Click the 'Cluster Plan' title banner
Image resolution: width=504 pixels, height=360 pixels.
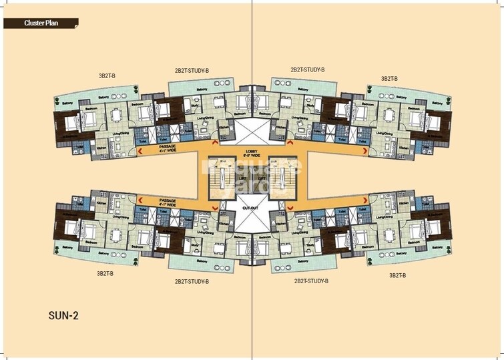coord(39,23)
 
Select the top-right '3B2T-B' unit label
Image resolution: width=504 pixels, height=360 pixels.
coord(389,78)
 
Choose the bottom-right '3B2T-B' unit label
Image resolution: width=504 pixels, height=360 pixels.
coord(398,275)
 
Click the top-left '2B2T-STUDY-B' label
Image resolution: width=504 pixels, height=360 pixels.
coord(192,70)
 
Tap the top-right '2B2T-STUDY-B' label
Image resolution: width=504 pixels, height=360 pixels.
coord(307,69)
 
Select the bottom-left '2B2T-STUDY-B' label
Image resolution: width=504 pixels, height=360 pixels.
coord(192,281)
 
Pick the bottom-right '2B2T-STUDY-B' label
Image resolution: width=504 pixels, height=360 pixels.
coord(311,281)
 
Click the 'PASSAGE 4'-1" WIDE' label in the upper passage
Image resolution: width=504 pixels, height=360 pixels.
coord(168,148)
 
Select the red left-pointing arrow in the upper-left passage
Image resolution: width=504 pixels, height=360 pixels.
coord(140,152)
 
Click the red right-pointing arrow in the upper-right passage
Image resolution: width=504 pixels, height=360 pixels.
coord(364,152)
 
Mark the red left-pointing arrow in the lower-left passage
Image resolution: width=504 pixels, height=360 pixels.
coord(140,199)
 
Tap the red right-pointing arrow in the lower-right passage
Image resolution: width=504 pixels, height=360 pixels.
coord(364,199)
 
